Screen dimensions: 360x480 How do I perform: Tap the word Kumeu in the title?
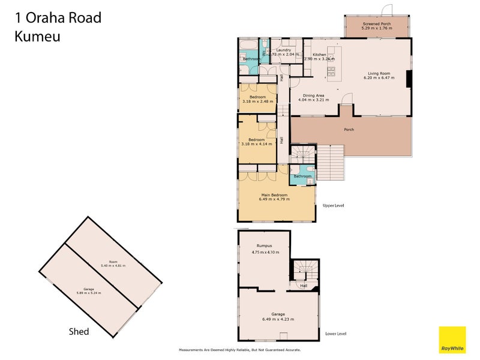(37, 36)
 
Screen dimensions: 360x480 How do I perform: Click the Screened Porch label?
(376, 23)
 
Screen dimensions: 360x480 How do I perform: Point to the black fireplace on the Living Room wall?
(409, 80)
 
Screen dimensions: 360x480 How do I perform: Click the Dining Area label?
(313, 95)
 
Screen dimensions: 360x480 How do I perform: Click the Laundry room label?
(283, 50)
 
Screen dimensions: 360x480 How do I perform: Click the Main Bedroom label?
(274, 194)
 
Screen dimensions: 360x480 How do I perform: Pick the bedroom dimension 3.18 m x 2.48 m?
(257, 101)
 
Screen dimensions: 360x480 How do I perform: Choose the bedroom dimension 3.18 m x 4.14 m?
(257, 143)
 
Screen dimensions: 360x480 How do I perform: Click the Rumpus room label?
(265, 245)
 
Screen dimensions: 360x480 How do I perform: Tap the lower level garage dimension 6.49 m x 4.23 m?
(278, 319)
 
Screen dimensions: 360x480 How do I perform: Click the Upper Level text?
(333, 205)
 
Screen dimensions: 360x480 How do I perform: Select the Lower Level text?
(335, 334)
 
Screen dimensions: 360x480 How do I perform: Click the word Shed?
(79, 331)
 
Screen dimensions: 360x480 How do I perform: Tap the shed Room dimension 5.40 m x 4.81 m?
(113, 265)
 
